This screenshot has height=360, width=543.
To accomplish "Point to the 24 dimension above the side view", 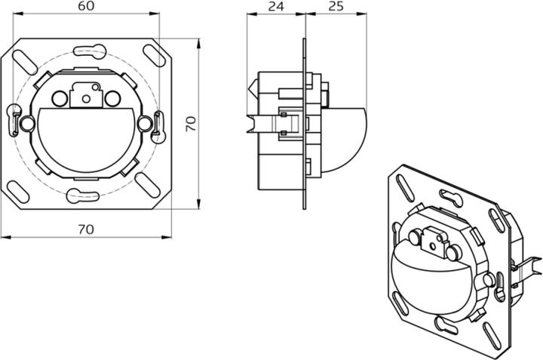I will coord(277,7).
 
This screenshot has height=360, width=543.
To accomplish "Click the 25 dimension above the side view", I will coord(336,7).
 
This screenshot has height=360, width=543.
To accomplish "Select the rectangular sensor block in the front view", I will coord(84,94).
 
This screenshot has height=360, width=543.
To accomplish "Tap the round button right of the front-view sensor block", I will coord(112,97).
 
